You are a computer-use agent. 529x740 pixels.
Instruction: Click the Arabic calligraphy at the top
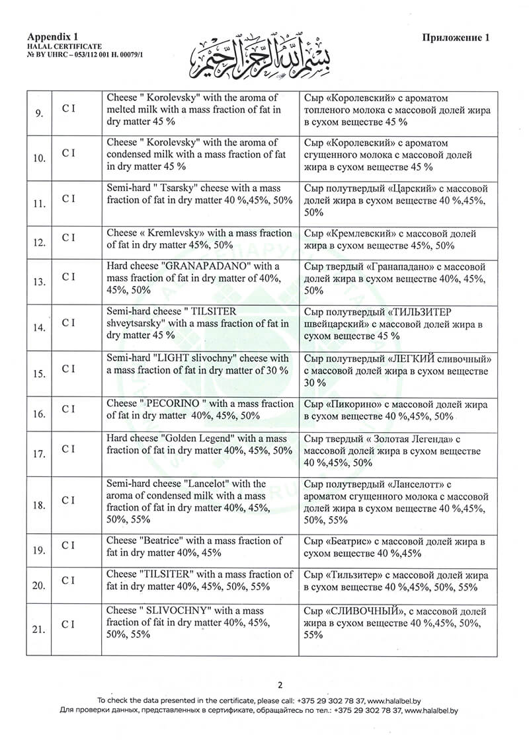pos(264,53)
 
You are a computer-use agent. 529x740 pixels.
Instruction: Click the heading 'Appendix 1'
pos(53,37)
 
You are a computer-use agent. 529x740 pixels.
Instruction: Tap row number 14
pos(39,328)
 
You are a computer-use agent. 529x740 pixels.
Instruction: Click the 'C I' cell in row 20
pos(68,580)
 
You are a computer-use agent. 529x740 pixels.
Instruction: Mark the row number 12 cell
pos(39,243)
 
